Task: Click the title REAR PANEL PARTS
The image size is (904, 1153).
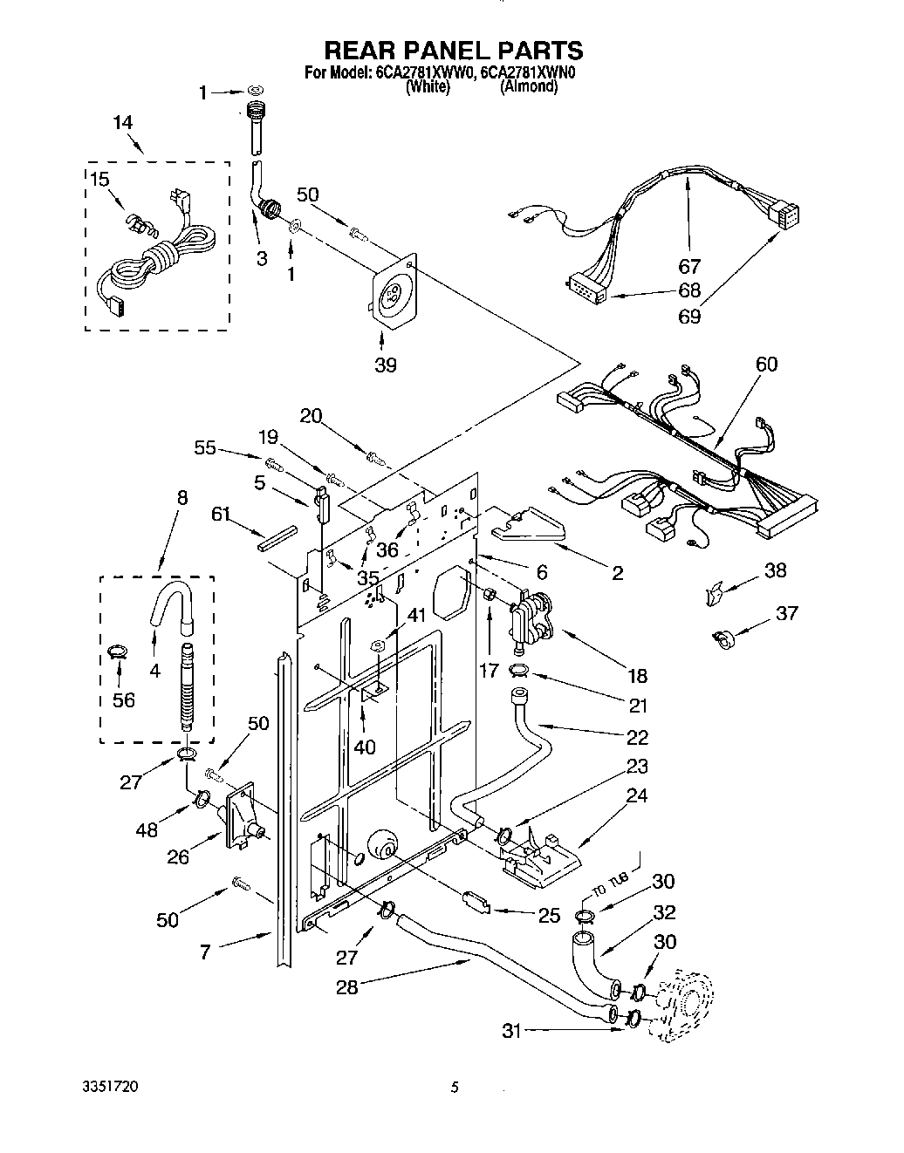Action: pyautogui.click(x=452, y=50)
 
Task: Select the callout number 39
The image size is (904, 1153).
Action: pyautogui.click(x=385, y=365)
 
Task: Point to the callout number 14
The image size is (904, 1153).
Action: pyautogui.click(x=122, y=123)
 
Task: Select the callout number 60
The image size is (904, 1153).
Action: pyautogui.click(x=766, y=364)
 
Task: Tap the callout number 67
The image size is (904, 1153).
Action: pyautogui.click(x=689, y=267)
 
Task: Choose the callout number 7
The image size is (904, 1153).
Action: pyautogui.click(x=204, y=952)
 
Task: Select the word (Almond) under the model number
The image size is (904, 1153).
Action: pyautogui.click(x=528, y=87)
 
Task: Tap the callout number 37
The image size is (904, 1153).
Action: pyautogui.click(x=787, y=614)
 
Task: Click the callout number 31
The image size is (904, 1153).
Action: pyautogui.click(x=511, y=1030)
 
